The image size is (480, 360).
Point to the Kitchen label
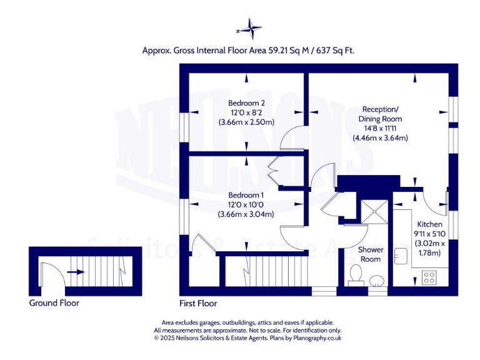429,224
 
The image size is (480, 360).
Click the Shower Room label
370,254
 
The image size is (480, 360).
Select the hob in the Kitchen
430,276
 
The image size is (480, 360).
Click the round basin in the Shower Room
376,281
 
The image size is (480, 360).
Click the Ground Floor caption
54,304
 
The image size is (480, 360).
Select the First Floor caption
198,304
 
